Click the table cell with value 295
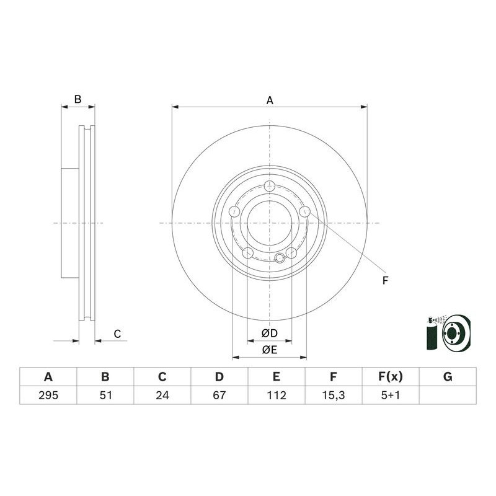pyautogui.click(x=48, y=396)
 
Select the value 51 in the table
pyautogui.click(x=105, y=396)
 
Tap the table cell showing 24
pyautogui.click(x=162, y=396)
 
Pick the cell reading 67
pyautogui.click(x=219, y=396)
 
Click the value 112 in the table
pyautogui.click(x=277, y=396)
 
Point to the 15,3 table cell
pyautogui.click(x=334, y=396)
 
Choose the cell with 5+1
pyautogui.click(x=391, y=396)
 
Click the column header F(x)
pyautogui.click(x=391, y=377)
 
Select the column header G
pyautogui.click(x=448, y=377)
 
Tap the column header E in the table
pyautogui.click(x=277, y=377)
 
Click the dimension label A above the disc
pyautogui.click(x=270, y=99)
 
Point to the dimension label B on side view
pyautogui.click(x=77, y=99)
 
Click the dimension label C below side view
pyautogui.click(x=117, y=335)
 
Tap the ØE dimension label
pyautogui.click(x=269, y=350)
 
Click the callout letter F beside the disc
pyautogui.click(x=384, y=281)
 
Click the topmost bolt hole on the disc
pyautogui.click(x=269, y=187)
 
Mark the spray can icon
pyautogui.click(x=432, y=335)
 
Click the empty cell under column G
pyautogui.click(x=448, y=396)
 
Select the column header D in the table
pyautogui.click(x=219, y=377)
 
